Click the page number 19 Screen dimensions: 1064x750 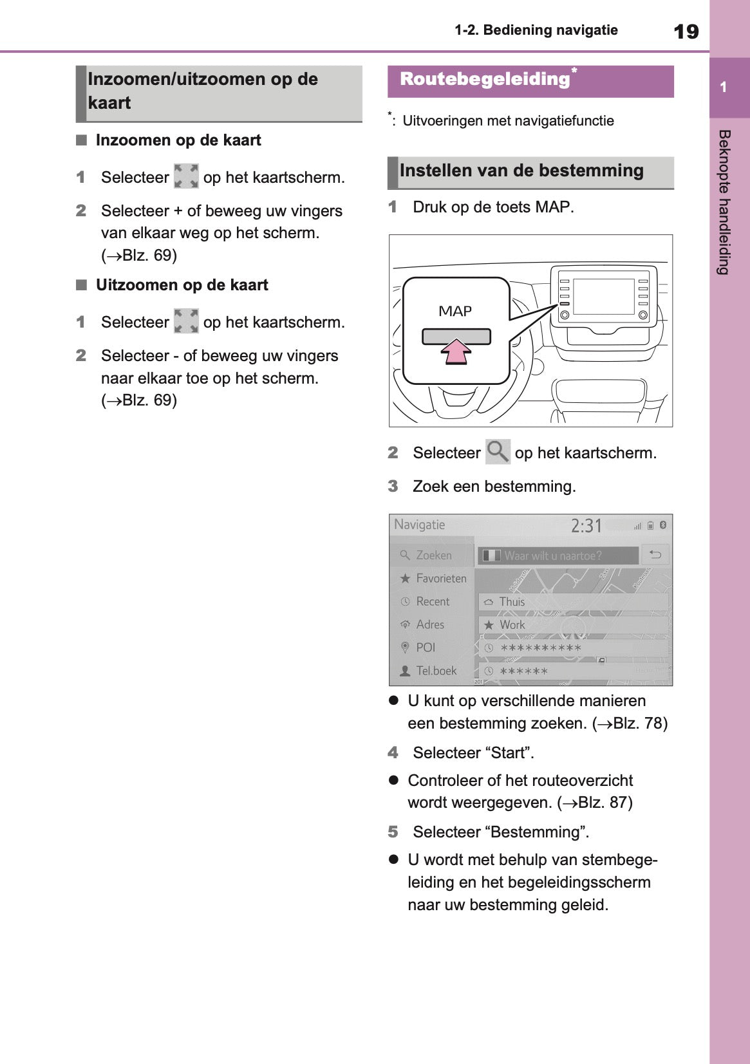686,31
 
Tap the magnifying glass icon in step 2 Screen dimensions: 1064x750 497,452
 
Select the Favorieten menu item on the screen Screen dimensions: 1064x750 440,579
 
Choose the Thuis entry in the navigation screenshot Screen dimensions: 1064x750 512,602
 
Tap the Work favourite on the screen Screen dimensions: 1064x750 512,625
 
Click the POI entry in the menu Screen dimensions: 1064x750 426,648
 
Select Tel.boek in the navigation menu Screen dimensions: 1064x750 436,671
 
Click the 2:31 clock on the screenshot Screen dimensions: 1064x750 586,526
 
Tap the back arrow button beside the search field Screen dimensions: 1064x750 655,555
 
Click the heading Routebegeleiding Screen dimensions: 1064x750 485,80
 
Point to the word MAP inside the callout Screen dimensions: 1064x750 455,312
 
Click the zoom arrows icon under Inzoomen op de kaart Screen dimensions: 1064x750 186,176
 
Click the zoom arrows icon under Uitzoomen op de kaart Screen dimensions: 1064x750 186,321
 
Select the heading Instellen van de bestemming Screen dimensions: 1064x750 521,171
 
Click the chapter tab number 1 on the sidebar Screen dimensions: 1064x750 724,88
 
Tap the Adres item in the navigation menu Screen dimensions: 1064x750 429,625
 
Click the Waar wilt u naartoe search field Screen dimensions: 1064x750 558,555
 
